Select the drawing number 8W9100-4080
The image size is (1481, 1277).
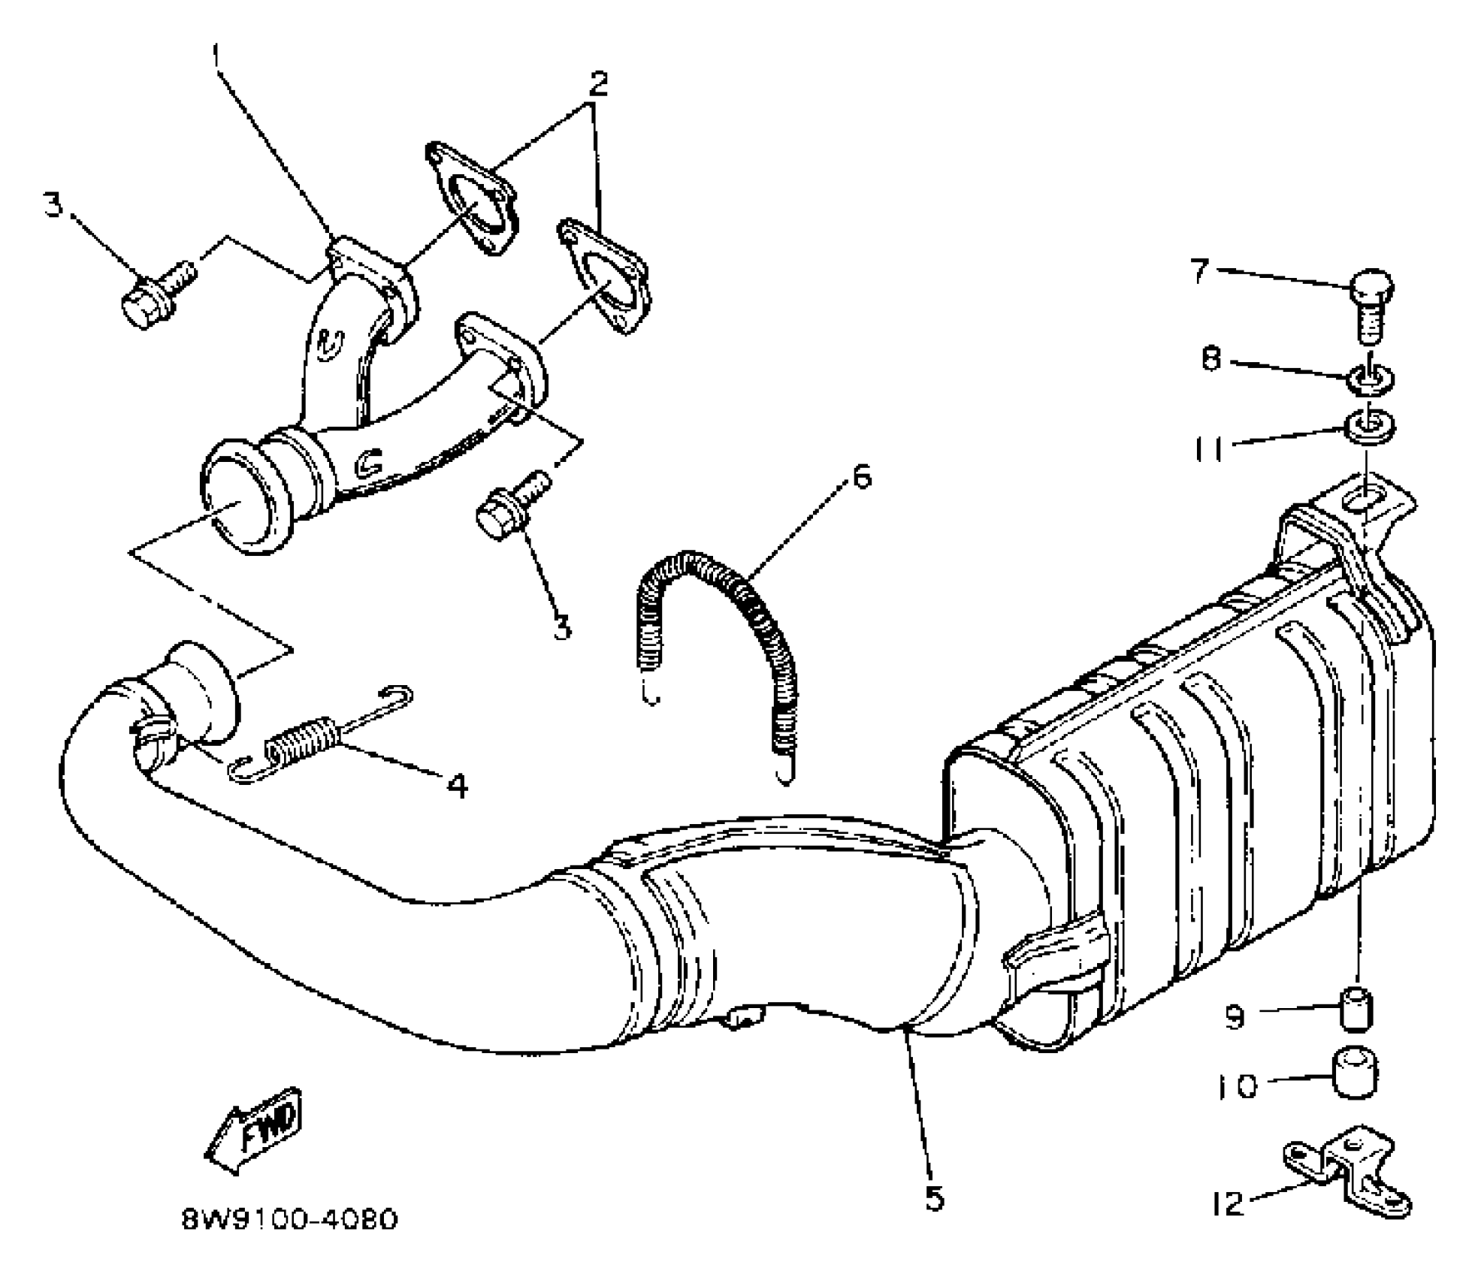coord(289,1219)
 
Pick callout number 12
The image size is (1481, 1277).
coord(1228,1205)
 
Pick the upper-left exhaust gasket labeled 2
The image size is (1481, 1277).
coord(471,197)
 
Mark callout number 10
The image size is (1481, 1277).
coord(1236,1086)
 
